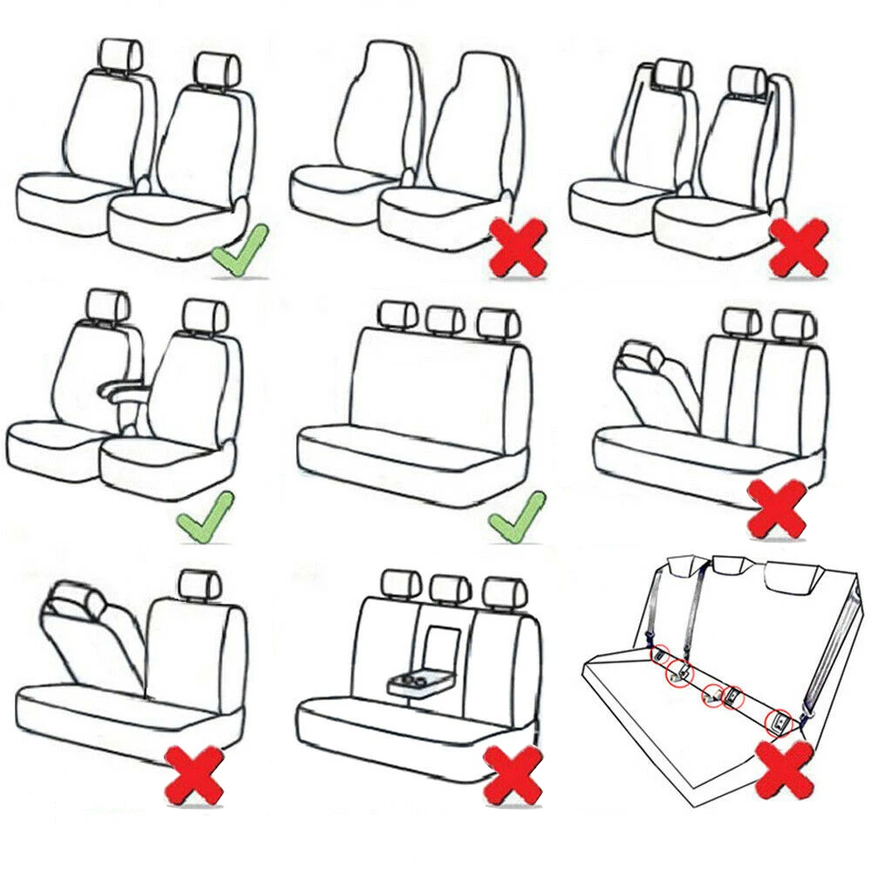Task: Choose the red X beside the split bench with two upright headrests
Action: point(777,508)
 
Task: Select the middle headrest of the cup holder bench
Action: point(450,591)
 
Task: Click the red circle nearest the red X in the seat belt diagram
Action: point(778,719)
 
